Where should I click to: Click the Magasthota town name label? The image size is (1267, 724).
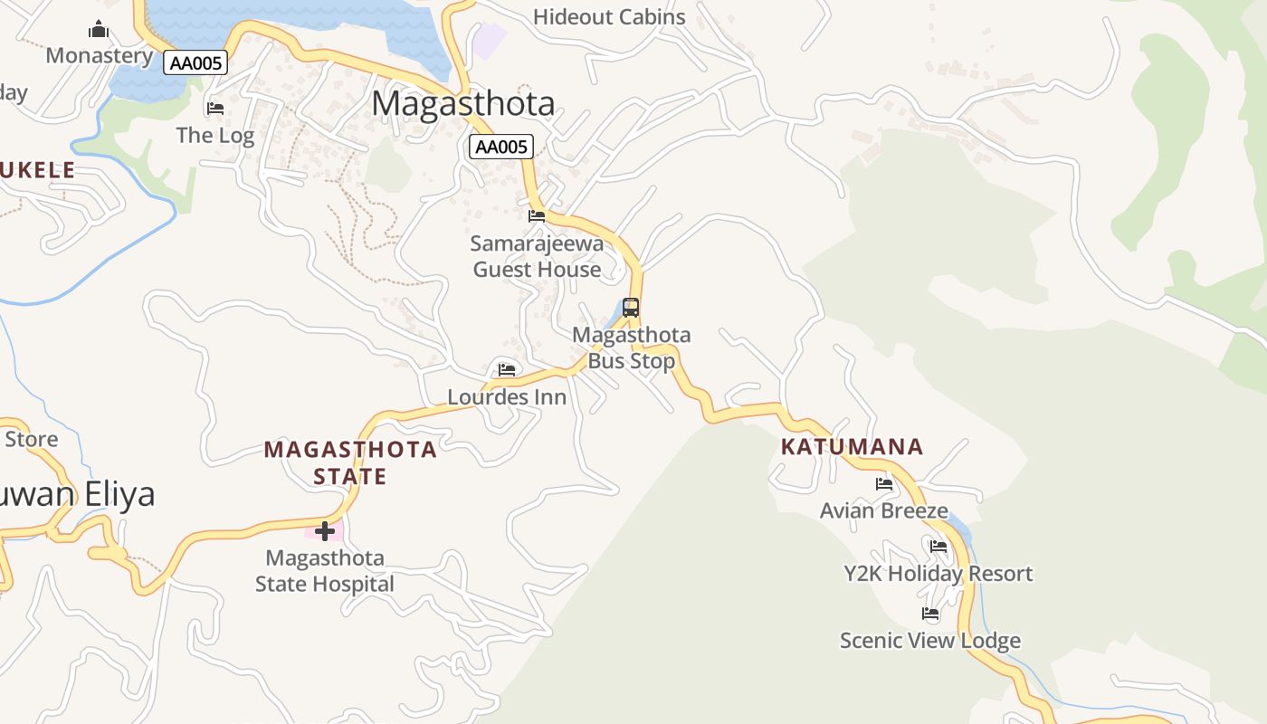(462, 103)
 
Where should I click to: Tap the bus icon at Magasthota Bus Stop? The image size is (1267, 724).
(631, 308)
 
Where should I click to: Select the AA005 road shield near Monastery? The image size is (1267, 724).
(195, 62)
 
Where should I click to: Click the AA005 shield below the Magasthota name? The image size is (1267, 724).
(500, 147)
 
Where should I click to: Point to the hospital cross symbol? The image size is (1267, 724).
(325, 531)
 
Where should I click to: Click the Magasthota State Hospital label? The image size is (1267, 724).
(324, 571)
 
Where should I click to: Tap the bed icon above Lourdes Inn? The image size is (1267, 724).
(507, 369)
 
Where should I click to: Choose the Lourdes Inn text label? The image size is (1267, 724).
(507, 396)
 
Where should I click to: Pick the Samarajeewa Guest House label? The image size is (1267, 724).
(537, 256)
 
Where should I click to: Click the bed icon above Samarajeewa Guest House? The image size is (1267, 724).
(537, 215)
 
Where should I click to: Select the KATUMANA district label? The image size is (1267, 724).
(852, 446)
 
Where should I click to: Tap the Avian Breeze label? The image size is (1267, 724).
(883, 510)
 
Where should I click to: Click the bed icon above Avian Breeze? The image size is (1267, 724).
(884, 484)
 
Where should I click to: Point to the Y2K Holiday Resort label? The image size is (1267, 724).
(938, 574)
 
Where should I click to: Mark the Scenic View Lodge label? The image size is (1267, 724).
(929, 641)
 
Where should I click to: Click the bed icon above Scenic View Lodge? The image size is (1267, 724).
(930, 614)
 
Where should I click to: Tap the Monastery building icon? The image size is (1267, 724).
(99, 30)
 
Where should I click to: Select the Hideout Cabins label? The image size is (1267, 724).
(609, 16)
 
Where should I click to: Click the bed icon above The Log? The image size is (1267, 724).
(214, 109)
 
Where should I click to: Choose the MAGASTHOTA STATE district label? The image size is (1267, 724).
(350, 462)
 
